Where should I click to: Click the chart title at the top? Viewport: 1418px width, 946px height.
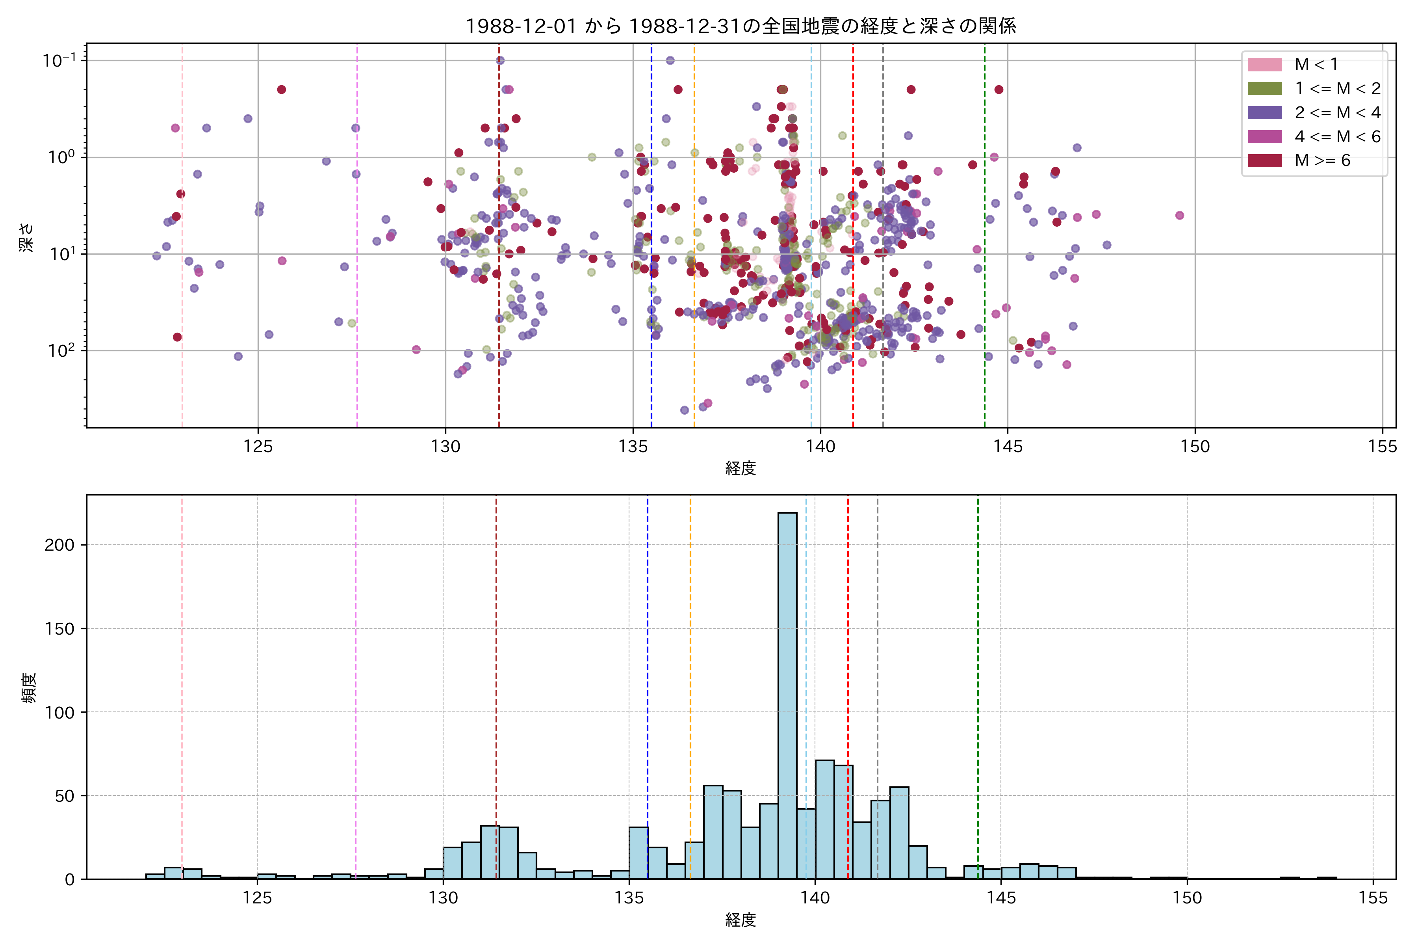pyautogui.click(x=741, y=26)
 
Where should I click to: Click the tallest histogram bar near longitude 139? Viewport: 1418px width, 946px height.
pyautogui.click(x=787, y=694)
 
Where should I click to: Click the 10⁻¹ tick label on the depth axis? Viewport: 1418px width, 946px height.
pyautogui.click(x=59, y=60)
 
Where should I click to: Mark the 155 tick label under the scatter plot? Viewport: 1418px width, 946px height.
pyautogui.click(x=1382, y=447)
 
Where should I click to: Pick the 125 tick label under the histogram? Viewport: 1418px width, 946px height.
pyautogui.click(x=258, y=898)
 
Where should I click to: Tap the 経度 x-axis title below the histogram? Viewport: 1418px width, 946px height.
pyautogui.click(x=741, y=920)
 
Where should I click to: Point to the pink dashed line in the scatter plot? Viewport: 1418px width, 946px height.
pyautogui.click(x=183, y=302)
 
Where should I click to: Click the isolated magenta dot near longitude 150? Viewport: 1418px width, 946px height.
pyautogui.click(x=1179, y=215)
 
